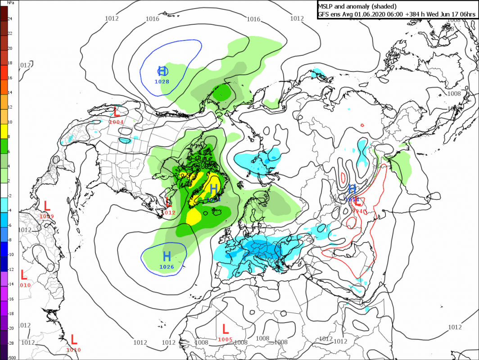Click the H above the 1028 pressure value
pyautogui.click(x=163, y=71)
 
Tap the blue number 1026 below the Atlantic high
pyautogui.click(x=167, y=267)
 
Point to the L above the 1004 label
pyautogui.click(x=116, y=112)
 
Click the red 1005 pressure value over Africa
pyautogui.click(x=225, y=339)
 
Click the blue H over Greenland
pyautogui.click(x=214, y=189)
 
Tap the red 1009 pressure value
pyautogui.click(x=47, y=216)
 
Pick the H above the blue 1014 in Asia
pyautogui.click(x=352, y=189)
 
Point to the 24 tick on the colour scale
pyautogui.click(x=10, y=19)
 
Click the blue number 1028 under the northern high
pyautogui.click(x=162, y=81)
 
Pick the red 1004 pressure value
pyautogui.click(x=116, y=122)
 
